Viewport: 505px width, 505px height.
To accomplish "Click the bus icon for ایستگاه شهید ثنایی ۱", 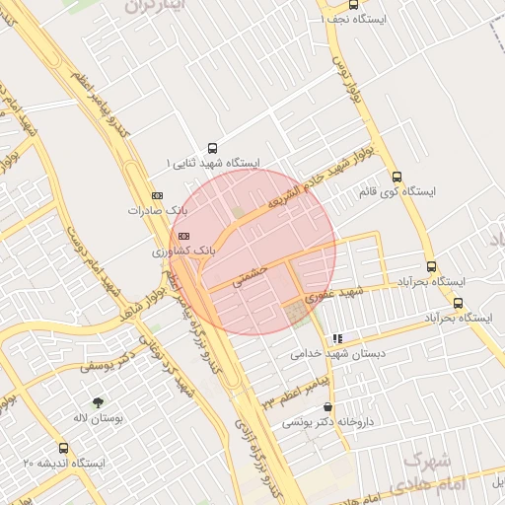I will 212,145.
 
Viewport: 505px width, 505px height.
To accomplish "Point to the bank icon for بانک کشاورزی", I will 183,236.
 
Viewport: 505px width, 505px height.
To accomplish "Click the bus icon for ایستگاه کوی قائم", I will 397,177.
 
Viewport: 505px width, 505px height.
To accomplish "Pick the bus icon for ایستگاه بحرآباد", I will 431,265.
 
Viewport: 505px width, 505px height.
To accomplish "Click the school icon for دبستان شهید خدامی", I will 338,337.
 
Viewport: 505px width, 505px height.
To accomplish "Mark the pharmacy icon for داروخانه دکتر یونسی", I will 327,406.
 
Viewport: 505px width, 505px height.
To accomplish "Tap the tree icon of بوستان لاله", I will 97,401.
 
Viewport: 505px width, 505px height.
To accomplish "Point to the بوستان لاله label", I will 97,418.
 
